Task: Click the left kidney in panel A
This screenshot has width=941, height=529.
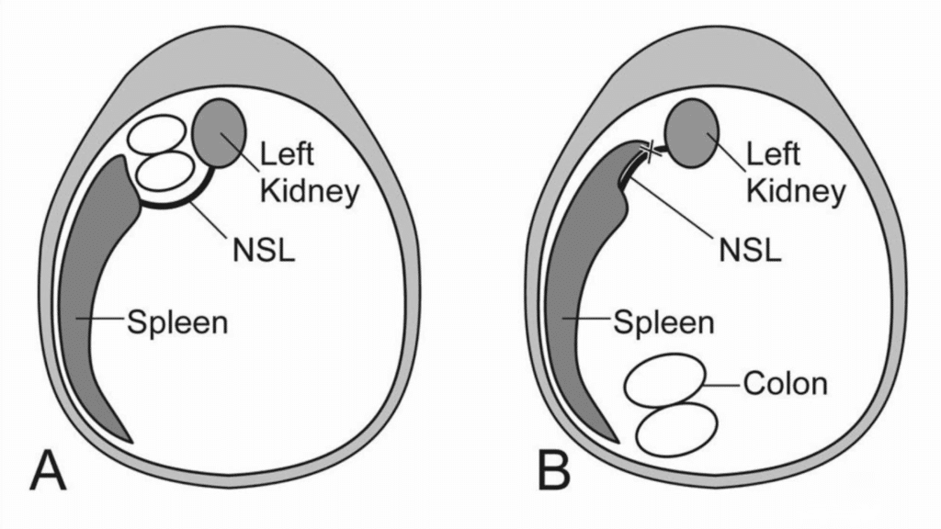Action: click(x=220, y=132)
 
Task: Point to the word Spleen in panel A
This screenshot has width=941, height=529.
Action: click(x=177, y=322)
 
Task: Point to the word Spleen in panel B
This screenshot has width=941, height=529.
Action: click(x=663, y=322)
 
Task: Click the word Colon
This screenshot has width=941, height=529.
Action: click(x=785, y=383)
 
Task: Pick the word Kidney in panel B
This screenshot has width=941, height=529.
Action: click(x=795, y=191)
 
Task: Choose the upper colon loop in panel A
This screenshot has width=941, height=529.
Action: click(x=154, y=138)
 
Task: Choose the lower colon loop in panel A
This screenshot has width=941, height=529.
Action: click(x=165, y=172)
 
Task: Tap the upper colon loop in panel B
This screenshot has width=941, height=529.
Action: click(x=665, y=383)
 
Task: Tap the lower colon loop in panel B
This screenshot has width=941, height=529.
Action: click(x=678, y=427)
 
